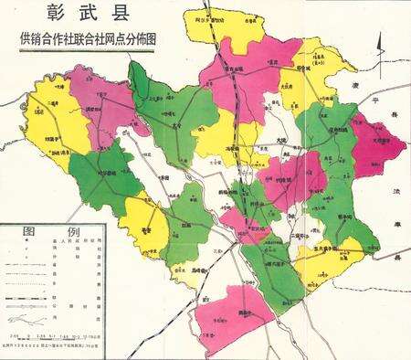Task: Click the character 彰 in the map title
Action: coord(46,16)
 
